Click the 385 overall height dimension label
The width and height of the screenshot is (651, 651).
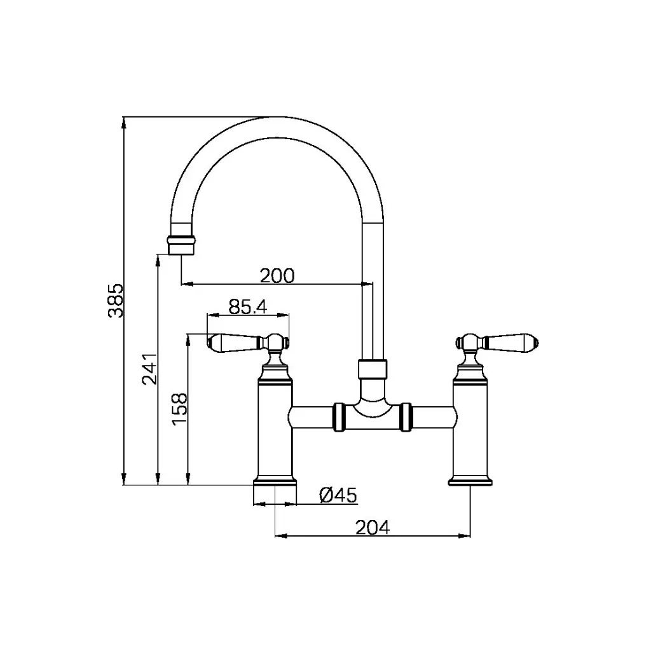(x=114, y=301)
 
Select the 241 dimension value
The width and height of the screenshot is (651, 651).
(x=148, y=369)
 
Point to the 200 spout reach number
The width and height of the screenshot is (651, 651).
(x=277, y=275)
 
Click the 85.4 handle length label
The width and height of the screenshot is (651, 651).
(x=247, y=307)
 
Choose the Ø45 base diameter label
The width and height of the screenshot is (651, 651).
(x=338, y=495)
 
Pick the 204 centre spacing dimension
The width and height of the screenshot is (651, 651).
(x=372, y=526)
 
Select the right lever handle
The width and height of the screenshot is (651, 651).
(x=511, y=343)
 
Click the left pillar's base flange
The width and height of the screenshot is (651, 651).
(x=275, y=481)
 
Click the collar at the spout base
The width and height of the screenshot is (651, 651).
(x=373, y=369)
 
